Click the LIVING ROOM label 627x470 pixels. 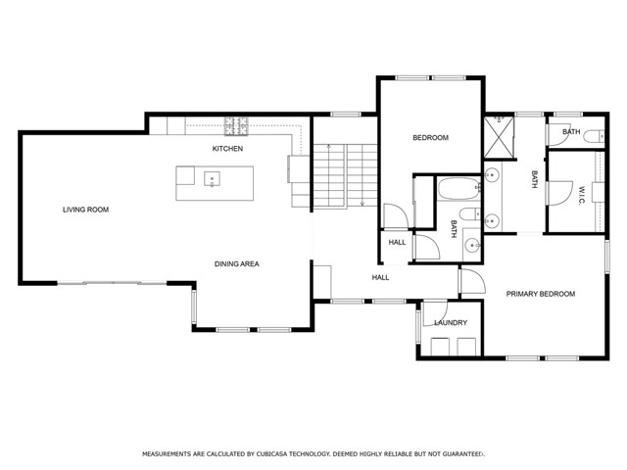pos(85,210)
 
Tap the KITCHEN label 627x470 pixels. pos(227,149)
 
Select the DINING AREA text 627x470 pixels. pos(237,263)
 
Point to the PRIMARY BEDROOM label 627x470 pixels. pos(541,294)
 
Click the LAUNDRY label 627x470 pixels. pos(451,322)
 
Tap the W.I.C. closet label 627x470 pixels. pos(581,195)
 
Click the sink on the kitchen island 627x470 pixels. pos(212,179)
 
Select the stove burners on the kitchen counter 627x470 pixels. pos(236,126)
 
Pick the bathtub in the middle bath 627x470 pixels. pos(458,189)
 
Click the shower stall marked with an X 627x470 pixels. pos(499,137)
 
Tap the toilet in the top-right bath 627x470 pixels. pos(594,136)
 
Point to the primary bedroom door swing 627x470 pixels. pos(473,281)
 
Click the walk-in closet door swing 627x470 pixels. pos(560,194)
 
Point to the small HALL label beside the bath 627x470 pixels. pos(397,242)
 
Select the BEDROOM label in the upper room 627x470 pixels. pos(431,138)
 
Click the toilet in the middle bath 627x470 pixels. pos(469,214)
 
